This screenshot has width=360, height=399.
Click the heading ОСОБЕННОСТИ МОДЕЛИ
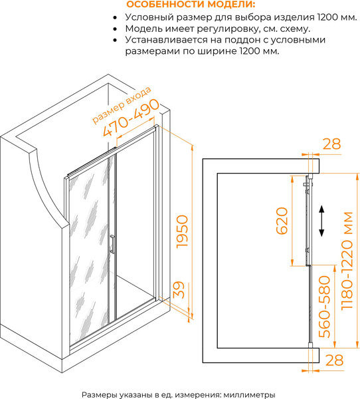tap(191, 5)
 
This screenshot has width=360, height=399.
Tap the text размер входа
tap(122, 105)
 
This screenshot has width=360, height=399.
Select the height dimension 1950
tap(182, 231)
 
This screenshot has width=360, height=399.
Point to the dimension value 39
tap(179, 289)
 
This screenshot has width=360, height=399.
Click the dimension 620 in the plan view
tap(282, 220)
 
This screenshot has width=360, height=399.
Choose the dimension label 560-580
tap(325, 307)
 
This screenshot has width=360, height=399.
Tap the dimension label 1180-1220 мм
tap(347, 261)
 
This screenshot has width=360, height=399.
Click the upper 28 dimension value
tap(331, 144)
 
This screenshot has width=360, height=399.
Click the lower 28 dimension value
tap(334, 360)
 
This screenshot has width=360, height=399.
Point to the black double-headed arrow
tap(321, 221)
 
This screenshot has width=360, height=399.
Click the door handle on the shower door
tap(112, 244)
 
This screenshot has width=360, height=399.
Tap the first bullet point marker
tap(116, 18)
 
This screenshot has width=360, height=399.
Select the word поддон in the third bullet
tap(241, 40)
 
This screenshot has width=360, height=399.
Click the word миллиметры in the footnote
tap(249, 394)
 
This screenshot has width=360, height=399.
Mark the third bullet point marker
tap(116, 41)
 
